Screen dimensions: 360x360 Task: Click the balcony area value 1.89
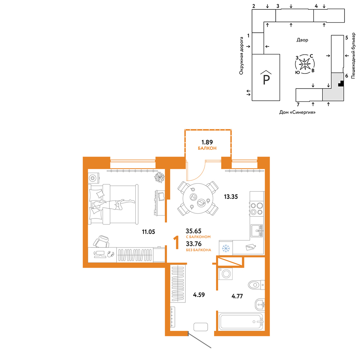[x=207, y=142]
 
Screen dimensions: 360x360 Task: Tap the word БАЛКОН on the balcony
[x=207, y=148]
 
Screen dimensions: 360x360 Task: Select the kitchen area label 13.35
[x=231, y=197]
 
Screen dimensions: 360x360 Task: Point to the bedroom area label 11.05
[x=148, y=231]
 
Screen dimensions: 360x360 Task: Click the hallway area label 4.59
[x=199, y=294]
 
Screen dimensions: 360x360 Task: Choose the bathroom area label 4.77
[x=237, y=296]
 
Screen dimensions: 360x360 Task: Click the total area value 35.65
[x=194, y=231]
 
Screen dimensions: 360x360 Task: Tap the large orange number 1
[x=176, y=242]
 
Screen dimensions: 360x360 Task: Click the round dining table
[x=198, y=198]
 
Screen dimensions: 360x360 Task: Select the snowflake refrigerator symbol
[x=226, y=248]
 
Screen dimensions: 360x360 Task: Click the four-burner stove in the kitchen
[x=256, y=209]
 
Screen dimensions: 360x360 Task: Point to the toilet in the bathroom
[x=256, y=285]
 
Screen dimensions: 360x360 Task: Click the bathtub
[x=241, y=321]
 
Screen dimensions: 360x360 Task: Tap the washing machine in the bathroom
[x=225, y=274]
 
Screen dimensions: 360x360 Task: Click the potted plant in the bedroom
[x=159, y=177]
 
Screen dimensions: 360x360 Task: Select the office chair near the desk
[x=101, y=241]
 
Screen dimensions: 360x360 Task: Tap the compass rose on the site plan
[x=305, y=64]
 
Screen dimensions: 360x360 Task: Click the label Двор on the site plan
[x=302, y=40]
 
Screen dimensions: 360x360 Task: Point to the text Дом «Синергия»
[x=297, y=112]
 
